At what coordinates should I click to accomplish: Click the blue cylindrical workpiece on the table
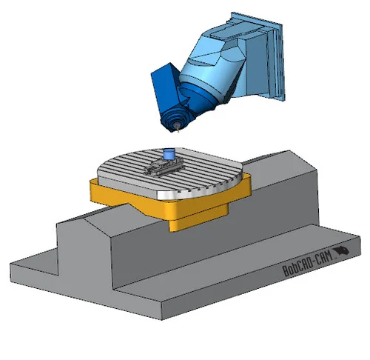click(169, 154)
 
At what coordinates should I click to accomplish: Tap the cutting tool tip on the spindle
click(178, 130)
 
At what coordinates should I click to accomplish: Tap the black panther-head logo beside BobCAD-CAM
click(342, 251)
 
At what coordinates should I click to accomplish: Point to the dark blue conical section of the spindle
click(198, 99)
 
